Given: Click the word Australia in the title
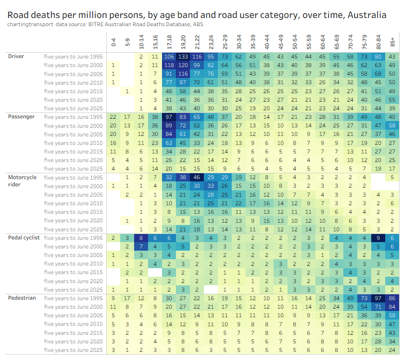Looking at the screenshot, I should (365, 15).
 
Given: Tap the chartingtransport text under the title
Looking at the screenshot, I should (30, 24).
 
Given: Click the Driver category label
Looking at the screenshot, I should (16, 56).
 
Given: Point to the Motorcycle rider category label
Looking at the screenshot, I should (22, 180).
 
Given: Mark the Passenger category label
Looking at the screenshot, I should (22, 117).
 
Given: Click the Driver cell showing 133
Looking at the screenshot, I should (183, 57).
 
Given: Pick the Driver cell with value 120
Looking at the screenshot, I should (183, 65).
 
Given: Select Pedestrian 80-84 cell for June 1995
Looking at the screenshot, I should (378, 298).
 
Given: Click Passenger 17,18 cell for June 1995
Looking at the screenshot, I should (169, 117).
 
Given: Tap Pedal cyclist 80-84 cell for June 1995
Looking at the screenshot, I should (378, 238).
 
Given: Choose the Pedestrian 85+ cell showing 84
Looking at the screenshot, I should (392, 307).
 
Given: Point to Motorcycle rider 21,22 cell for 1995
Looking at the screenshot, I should (197, 177).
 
